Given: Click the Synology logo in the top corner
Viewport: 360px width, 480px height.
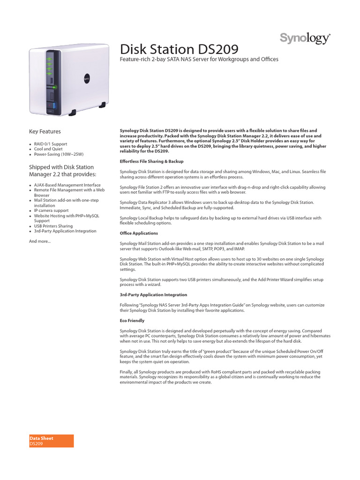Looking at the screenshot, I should (305, 38).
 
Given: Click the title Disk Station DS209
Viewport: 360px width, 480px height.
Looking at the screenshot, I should (180, 49).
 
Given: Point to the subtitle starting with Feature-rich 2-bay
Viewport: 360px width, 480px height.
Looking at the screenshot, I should (200, 60).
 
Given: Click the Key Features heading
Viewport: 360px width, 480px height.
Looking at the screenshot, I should (45, 132).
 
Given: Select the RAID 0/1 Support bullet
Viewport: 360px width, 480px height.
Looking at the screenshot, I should (50, 144).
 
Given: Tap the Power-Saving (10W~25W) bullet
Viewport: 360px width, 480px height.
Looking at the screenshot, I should (58, 154).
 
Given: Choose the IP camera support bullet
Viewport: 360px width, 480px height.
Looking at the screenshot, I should (51, 210).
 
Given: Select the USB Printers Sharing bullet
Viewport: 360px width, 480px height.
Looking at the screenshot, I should (53, 226).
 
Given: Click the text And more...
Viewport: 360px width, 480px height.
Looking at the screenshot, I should (40, 241).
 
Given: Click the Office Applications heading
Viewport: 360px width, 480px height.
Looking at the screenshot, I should (139, 233).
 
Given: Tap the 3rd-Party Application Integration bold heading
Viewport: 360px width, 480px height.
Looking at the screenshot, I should (153, 295).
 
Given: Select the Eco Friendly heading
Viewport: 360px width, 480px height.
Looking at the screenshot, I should (132, 321).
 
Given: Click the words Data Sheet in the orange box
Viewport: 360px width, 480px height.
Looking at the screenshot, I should (41, 438).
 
